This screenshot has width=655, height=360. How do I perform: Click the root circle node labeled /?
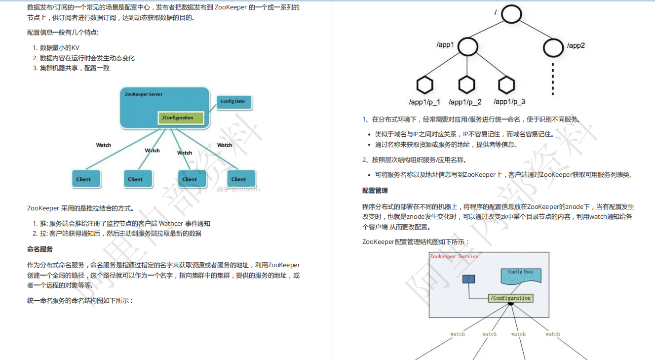[x=511, y=13]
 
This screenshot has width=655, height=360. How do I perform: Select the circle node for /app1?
[x=468, y=46]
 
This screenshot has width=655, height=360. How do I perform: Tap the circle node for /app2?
[x=553, y=47]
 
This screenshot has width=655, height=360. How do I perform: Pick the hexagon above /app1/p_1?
[x=424, y=85]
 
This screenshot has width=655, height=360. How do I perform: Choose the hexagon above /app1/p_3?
[x=506, y=85]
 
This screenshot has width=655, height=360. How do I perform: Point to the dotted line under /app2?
[x=553, y=79]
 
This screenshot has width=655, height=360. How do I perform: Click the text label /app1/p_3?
[x=509, y=102]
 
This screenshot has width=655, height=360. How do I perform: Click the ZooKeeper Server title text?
[x=144, y=94]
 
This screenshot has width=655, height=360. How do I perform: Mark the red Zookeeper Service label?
[x=454, y=256]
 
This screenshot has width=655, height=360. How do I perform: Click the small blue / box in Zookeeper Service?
[x=468, y=279]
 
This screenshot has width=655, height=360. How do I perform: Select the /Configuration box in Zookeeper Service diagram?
[x=510, y=298]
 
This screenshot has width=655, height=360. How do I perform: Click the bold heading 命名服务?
[x=40, y=249]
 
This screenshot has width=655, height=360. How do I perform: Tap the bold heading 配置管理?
[x=375, y=191]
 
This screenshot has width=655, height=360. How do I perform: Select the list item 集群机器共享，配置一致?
[x=75, y=68]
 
